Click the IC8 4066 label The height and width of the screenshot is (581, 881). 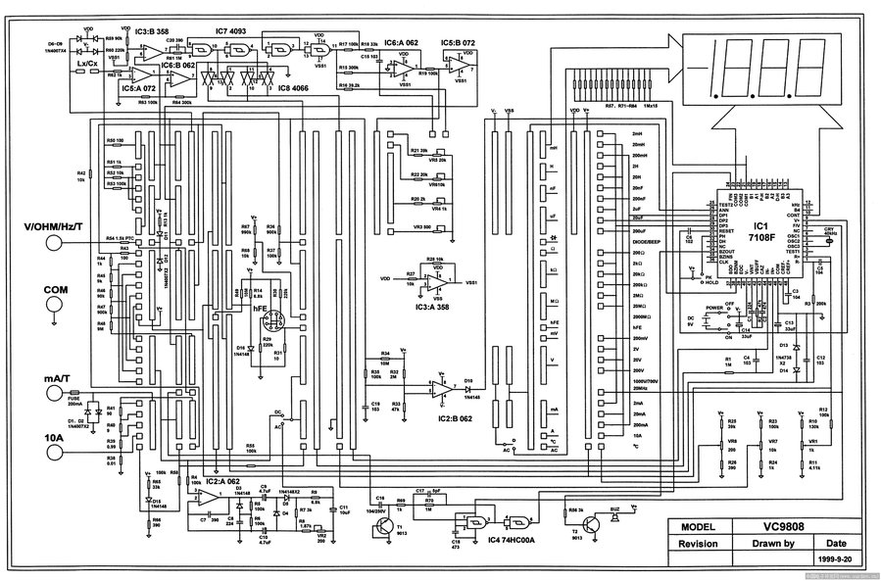pos(295,89)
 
